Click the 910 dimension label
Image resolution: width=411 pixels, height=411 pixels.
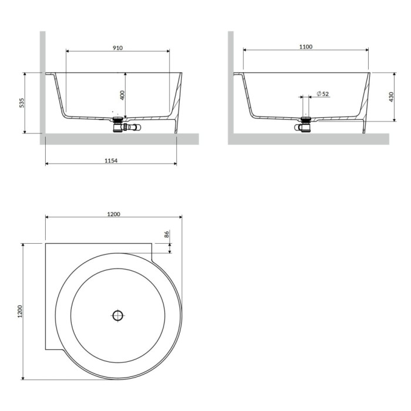[x=117, y=48]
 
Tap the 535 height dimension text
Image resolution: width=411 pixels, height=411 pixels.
[x=22, y=103]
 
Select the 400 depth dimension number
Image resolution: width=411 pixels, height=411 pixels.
[x=122, y=95]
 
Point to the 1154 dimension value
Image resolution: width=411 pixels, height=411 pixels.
[x=111, y=161]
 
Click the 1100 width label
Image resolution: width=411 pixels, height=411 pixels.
[x=306, y=46]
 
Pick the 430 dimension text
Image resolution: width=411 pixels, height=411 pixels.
[x=392, y=97]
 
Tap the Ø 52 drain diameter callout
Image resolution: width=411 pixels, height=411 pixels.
[x=323, y=93]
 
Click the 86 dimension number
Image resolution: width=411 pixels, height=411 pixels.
[x=167, y=234]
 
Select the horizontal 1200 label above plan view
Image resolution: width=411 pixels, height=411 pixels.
[x=114, y=214]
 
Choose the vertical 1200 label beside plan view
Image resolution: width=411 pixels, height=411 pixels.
[x=20, y=311]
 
